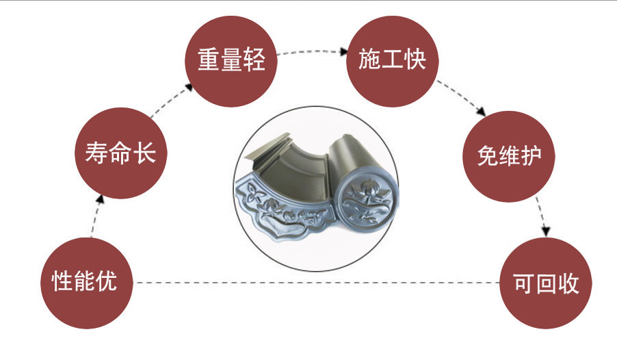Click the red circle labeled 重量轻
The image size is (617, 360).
[231, 60]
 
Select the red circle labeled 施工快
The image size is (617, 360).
[393, 60]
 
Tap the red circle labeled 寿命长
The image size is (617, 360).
[121, 151]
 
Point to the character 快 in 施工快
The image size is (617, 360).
[415, 60]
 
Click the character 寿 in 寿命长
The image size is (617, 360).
[96, 152]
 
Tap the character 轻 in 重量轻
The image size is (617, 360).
[254, 60]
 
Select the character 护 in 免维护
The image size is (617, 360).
[531, 155]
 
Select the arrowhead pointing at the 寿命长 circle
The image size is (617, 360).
[101, 198]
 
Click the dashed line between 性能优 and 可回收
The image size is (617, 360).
[315, 282]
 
